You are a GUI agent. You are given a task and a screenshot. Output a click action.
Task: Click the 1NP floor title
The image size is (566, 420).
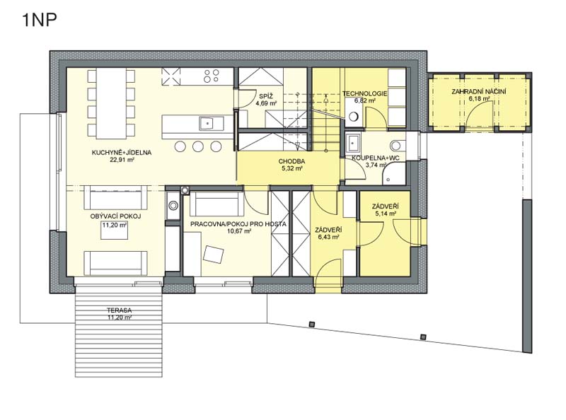[40, 20]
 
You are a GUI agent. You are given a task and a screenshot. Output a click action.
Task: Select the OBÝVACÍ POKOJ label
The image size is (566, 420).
[115, 216]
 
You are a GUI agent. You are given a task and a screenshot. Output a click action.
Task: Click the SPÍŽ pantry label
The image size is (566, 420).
[266, 96]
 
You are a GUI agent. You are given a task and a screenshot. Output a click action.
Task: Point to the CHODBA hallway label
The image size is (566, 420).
[291, 161]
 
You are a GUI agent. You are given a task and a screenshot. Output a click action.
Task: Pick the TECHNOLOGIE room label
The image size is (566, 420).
[364, 94]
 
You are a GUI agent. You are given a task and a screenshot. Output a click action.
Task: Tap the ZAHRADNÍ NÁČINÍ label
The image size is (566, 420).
[479, 92]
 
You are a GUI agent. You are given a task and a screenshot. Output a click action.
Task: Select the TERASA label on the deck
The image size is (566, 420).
[119, 310]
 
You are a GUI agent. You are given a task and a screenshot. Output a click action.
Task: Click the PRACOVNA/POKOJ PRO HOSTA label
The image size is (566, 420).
[238, 224]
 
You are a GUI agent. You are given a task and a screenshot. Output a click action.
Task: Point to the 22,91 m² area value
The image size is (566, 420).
[122, 160]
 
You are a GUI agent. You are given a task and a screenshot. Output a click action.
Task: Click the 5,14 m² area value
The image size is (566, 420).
[386, 214]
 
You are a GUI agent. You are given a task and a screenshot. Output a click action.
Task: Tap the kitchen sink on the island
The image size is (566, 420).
[207, 124]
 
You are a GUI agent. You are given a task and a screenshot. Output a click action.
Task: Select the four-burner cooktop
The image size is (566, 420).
[212, 76]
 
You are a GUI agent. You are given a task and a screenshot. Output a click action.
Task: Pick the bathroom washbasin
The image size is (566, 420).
[352, 143]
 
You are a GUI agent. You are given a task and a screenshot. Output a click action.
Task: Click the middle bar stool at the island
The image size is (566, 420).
[198, 146]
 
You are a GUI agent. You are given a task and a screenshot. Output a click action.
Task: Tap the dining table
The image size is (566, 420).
[111, 103]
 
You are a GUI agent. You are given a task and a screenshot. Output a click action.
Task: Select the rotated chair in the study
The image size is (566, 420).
[214, 254]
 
